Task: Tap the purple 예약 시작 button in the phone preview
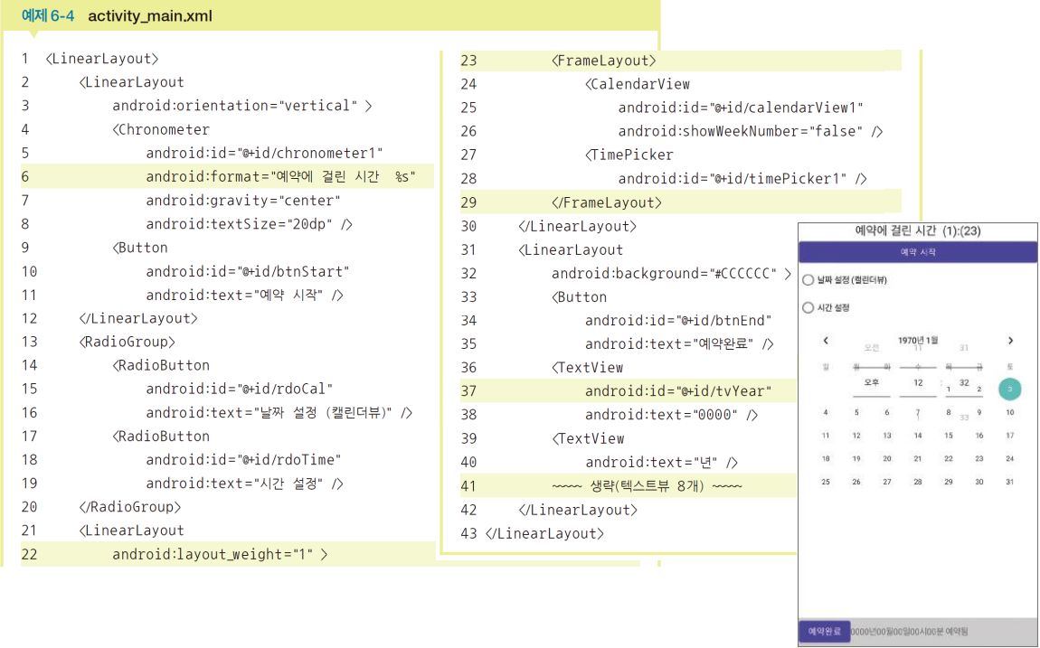coord(917,252)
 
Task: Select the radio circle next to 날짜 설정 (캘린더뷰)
coord(808,280)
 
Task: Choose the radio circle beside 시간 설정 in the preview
coord(808,308)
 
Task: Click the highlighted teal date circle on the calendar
coord(1009,389)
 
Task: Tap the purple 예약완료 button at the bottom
coord(824,631)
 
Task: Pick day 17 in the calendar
coord(1009,435)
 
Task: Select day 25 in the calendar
coord(825,482)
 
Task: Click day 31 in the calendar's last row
coord(1009,482)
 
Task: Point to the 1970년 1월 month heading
coord(917,340)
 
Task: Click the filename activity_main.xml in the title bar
coord(150,16)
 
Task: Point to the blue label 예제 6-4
coord(49,16)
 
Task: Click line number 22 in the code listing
coord(29,554)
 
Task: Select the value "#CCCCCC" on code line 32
coord(744,273)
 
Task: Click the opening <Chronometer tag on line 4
coord(162,129)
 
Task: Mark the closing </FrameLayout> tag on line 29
coord(607,202)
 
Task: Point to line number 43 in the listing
coord(468,533)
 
